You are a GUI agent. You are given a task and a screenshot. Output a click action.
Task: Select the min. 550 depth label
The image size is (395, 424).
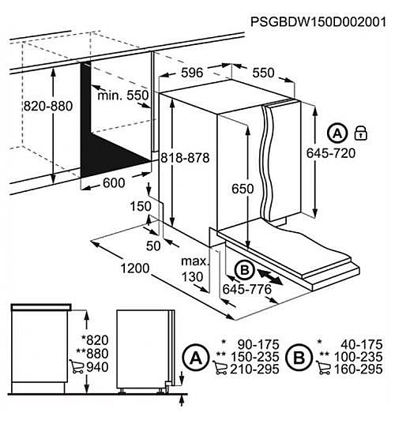122,96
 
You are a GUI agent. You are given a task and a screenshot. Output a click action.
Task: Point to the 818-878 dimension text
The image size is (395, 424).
185,158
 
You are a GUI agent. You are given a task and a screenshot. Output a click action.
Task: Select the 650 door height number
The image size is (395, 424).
243,189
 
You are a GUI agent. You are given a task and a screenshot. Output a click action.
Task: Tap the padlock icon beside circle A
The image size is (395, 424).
362,131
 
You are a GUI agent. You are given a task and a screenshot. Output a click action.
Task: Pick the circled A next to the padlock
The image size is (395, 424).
337,131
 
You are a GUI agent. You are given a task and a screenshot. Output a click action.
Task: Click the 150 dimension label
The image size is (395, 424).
140,207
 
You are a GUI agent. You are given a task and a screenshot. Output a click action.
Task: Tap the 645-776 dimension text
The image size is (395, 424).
247,291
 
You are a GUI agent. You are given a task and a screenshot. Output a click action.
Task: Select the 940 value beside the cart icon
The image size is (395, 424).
99,366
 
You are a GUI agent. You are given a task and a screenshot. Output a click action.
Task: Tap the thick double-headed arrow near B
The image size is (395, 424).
271,277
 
